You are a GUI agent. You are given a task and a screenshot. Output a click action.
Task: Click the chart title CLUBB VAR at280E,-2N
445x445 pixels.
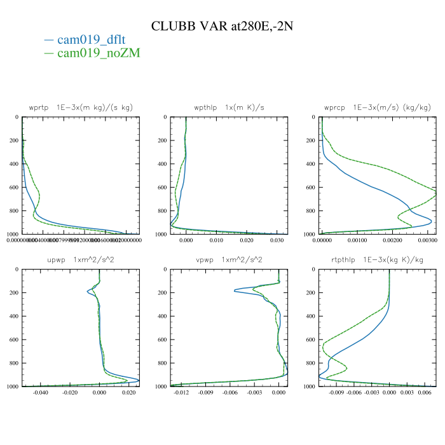222,26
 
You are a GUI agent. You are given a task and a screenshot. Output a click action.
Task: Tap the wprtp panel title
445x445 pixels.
81,107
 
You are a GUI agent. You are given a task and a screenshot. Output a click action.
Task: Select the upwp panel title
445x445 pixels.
81,260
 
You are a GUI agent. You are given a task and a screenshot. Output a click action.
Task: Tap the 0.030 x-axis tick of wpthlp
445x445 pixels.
277,240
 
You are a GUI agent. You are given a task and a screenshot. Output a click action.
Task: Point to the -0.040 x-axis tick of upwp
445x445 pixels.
40,393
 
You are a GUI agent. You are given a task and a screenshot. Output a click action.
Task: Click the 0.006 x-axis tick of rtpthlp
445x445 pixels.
425,393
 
